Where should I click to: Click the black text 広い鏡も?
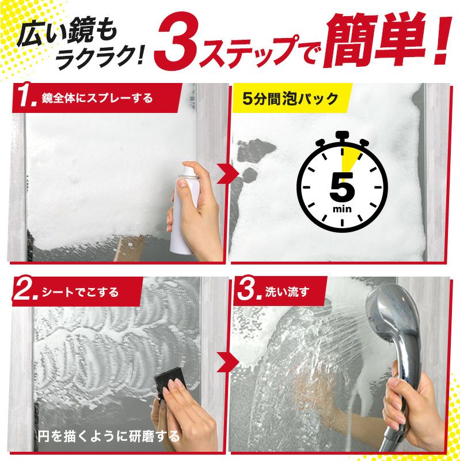67,35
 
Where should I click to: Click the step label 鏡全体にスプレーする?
97,98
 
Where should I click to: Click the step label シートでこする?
80,292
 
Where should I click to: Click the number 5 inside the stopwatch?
343,187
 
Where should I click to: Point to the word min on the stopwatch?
342,209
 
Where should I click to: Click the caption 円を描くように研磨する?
108,436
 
